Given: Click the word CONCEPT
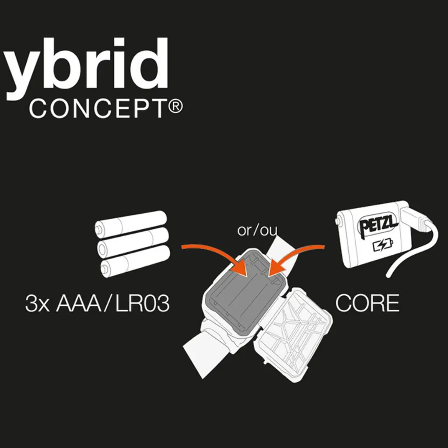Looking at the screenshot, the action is point(97,109).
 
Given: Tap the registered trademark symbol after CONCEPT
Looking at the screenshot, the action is point(174,107).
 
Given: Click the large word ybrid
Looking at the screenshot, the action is point(86,69).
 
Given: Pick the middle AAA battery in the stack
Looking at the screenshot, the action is point(133,242).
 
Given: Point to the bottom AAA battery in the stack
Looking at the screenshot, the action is point(135,261).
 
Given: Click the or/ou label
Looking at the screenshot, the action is point(257,230).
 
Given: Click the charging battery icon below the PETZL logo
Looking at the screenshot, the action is point(383,245).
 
